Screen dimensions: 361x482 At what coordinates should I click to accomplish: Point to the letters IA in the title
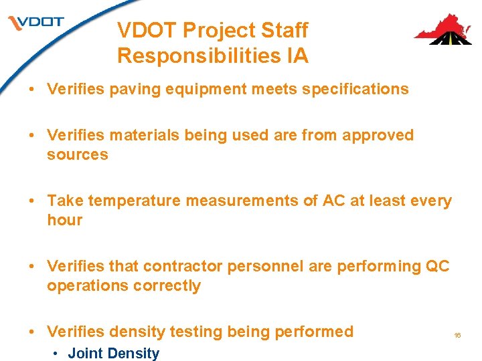tap(297, 55)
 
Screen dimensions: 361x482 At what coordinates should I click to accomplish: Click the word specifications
tap(355, 89)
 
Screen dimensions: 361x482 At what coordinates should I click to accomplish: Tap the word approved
tap(378, 135)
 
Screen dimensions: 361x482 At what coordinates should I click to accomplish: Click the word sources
tap(77, 154)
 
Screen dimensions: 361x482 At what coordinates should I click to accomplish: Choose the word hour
tap(64, 220)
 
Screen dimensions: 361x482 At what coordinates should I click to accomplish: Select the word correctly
tap(167, 285)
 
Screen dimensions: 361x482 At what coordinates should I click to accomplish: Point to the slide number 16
tap(458, 335)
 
